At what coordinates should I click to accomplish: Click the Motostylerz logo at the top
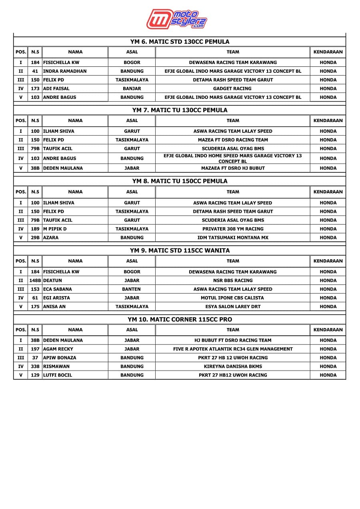point(176,19)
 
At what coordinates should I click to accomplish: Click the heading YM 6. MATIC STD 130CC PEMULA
point(180,42)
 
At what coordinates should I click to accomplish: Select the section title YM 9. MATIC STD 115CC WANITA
point(180,250)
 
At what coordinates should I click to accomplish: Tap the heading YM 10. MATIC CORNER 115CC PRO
point(180,319)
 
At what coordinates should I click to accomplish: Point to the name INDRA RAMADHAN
point(65,71)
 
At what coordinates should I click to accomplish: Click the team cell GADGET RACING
point(232,88)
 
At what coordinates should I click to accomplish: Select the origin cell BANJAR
point(132,88)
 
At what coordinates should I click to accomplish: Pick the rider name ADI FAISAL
point(56,88)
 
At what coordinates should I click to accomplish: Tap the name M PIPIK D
point(55,229)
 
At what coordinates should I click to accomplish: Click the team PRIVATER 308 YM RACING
point(232,229)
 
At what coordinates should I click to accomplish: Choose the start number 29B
point(35,238)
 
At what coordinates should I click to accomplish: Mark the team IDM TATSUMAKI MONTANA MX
point(232,238)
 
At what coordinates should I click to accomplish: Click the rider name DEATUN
point(53,281)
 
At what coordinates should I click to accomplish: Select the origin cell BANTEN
point(132,289)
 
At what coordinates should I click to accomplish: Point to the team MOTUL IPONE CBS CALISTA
point(232,298)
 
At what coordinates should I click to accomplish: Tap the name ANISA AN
point(55,307)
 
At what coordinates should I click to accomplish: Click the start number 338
point(35,367)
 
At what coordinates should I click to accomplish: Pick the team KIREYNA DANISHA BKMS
point(232,367)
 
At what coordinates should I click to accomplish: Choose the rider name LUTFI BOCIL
point(58,375)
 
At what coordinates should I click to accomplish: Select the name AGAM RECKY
point(58,349)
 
